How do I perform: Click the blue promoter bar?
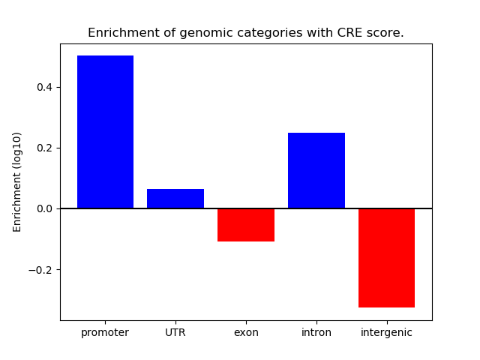105,132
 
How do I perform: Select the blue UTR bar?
175,199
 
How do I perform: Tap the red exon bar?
246,225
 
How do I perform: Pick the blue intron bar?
316,171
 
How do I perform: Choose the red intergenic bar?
386,258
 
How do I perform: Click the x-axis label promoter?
105,333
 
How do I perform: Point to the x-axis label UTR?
175,333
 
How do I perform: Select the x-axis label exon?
246,333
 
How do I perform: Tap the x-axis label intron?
316,333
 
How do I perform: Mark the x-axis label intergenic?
386,333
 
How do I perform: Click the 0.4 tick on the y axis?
44,87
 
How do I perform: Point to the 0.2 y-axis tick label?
44,148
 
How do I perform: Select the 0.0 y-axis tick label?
44,208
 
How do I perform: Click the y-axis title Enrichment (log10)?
17,181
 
